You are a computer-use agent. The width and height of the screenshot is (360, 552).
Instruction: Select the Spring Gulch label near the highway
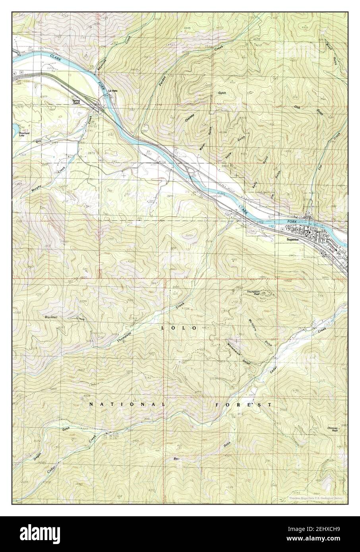pyautogui.click(x=76, y=102)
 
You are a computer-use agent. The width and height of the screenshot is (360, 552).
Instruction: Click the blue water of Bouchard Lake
pyautogui.click(x=15, y=128)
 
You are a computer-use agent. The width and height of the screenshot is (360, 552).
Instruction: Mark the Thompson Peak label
pyautogui.click(x=253, y=293)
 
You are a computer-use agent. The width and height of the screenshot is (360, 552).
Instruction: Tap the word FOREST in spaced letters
pyautogui.click(x=243, y=405)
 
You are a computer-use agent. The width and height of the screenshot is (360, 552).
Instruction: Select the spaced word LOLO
pyautogui.click(x=179, y=328)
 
